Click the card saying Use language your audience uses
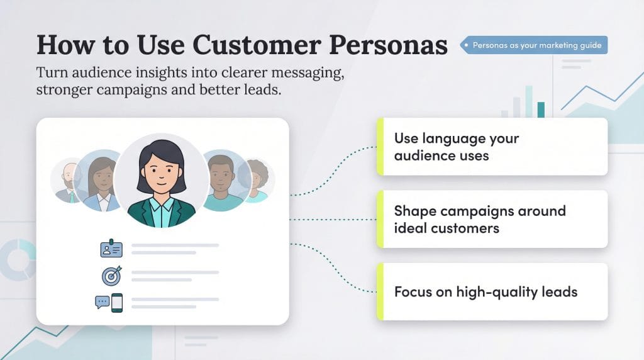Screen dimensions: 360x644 (492, 147)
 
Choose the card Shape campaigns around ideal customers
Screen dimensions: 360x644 (492, 219)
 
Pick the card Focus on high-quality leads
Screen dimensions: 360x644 (492, 291)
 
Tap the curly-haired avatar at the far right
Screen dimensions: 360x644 (256, 181)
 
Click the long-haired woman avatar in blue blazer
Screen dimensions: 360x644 (101, 181)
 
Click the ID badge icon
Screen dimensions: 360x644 (111, 249)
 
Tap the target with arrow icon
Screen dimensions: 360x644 (111, 275)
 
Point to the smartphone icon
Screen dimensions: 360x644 (117, 303)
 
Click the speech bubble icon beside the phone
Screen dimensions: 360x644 (102, 302)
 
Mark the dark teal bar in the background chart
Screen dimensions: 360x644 (541, 110)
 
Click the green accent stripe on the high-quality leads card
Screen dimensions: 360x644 (380, 291)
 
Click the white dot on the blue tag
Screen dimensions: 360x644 (466, 45)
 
